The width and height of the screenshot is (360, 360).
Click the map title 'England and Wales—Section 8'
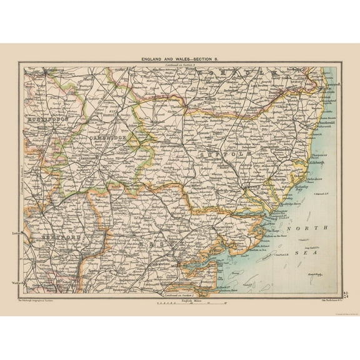(x=180, y=58)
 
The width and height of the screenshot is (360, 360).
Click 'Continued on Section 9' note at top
(x=180, y=64)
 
